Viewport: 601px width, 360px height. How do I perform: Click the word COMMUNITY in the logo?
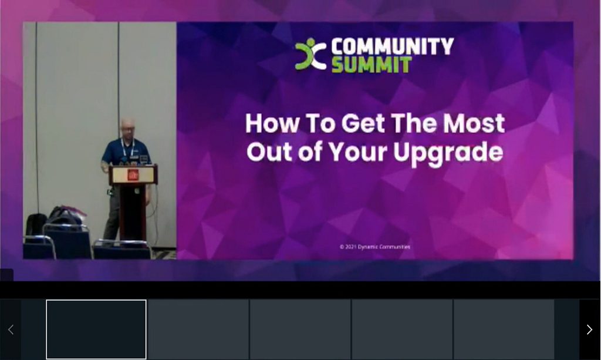[x=392, y=47]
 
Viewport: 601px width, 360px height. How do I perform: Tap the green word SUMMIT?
[x=371, y=64]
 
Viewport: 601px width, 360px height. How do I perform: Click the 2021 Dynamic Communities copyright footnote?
[x=374, y=247]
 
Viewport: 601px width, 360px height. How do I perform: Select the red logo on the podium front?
[x=133, y=174]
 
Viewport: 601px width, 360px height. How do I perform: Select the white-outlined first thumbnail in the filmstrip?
[x=96, y=329]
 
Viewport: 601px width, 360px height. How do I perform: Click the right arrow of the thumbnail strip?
[x=589, y=329]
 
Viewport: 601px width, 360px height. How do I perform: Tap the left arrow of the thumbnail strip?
[x=11, y=329]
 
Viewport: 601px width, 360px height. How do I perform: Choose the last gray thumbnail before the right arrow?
[x=504, y=329]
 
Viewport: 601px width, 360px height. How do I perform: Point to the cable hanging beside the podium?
[x=155, y=211]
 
